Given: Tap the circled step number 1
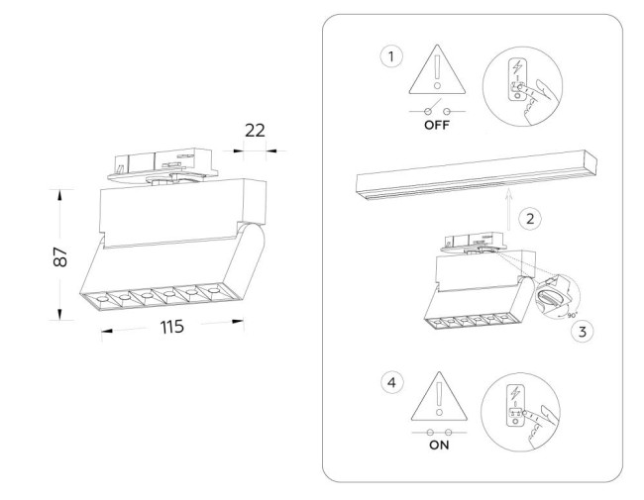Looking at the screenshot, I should tap(392, 56).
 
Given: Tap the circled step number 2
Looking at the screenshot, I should tap(531, 218).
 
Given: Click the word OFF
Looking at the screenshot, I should tap(437, 127).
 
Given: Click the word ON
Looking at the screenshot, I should tap(437, 446).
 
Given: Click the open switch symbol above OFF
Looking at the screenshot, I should tap(437, 111).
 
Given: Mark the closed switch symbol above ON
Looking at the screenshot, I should tap(437, 432).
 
